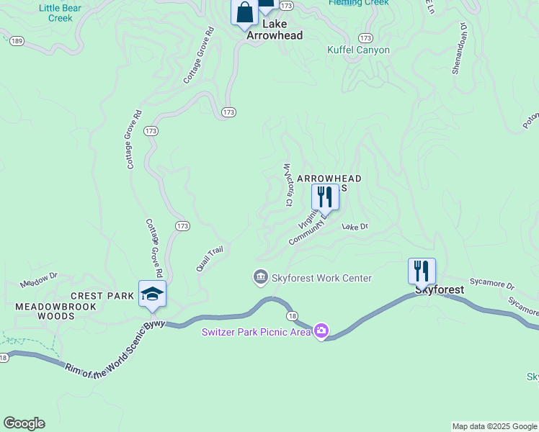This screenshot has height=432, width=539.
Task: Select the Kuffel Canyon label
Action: [358, 50]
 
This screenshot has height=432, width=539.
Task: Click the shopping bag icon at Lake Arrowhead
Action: [244, 12]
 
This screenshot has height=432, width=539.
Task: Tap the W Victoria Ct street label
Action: [288, 185]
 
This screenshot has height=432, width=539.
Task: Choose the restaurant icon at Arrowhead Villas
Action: [325, 196]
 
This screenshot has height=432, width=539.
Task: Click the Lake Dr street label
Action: [355, 227]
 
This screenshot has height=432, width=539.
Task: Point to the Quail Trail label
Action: [210, 259]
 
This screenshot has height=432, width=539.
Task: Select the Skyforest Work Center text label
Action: [321, 278]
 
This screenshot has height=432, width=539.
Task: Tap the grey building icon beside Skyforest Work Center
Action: [260, 277]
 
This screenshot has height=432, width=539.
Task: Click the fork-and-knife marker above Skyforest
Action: [422, 271]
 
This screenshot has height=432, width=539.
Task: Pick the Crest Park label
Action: [102, 296]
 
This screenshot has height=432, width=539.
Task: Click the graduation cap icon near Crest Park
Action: [152, 294]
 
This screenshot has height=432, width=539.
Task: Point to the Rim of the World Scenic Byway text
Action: [115, 350]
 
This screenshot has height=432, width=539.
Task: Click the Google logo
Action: [24, 423]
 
